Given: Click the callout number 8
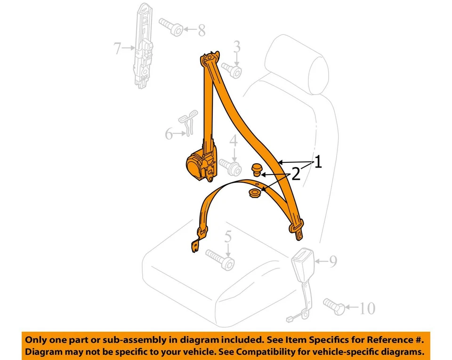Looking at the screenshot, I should tap(202, 31).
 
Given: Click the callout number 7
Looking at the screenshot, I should tap(118, 48).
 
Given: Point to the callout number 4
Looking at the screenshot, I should tap(233, 140).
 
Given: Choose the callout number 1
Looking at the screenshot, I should tap(318, 162).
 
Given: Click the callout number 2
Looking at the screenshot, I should tap(296, 175).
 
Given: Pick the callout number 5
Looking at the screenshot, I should tap(228, 237).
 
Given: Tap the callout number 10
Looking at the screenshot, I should tap(367, 309).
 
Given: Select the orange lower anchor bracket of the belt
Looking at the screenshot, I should tap(196, 246).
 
